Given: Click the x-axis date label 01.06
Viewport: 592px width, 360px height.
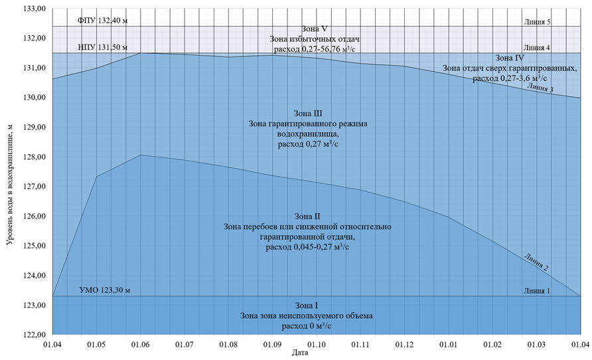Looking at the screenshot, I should [141, 345].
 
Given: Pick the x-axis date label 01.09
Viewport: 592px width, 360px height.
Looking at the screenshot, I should [273, 345].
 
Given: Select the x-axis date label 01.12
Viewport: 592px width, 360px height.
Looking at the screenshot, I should [405, 345].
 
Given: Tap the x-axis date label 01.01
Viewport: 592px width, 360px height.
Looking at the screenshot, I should [449, 345].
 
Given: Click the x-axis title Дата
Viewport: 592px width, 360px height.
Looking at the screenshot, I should [300, 353].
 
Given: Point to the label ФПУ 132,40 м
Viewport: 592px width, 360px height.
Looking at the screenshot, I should [102, 21].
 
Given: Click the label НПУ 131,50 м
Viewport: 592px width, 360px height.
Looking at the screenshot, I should [102, 47].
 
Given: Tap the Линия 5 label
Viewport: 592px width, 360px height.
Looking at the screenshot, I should [538, 21].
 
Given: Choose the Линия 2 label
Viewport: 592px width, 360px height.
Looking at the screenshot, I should [536, 262].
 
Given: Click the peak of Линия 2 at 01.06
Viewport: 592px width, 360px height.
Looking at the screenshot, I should [141, 155].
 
